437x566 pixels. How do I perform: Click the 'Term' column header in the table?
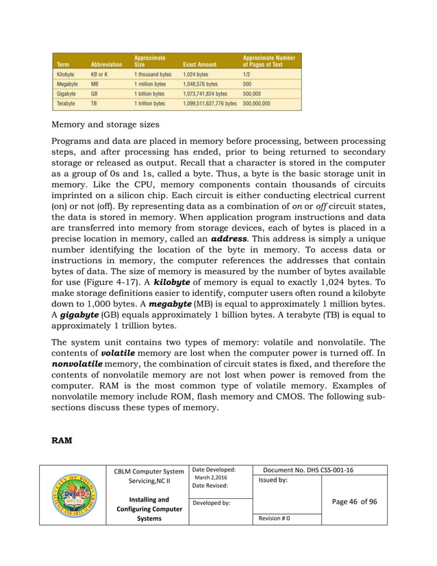(62, 64)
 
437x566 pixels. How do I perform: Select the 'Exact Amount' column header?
(199, 64)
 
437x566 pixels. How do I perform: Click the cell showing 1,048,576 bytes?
(200, 84)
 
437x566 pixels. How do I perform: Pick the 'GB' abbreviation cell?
(95, 93)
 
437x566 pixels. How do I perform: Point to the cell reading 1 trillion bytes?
(149, 103)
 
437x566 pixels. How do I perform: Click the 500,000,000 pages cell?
(257, 103)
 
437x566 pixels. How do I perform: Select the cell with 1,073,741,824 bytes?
(205, 93)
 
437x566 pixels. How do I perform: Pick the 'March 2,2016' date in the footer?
(211, 478)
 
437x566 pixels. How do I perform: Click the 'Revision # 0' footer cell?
(275, 518)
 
